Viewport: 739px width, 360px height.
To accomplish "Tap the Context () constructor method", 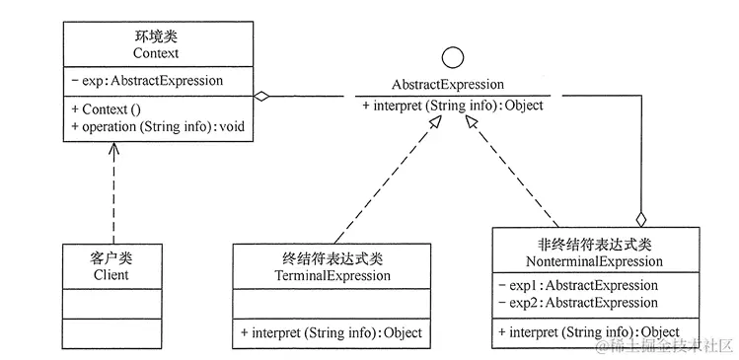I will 111,110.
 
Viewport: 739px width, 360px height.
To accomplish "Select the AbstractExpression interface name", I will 448,85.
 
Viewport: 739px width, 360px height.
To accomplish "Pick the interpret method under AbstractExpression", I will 452,106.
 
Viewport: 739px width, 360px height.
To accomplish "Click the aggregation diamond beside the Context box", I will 261,97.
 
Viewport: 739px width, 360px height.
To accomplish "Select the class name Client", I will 111,275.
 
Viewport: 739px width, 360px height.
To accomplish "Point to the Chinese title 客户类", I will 111,258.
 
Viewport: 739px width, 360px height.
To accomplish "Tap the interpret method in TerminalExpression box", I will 332,333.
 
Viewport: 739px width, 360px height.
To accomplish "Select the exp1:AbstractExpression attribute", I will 578,285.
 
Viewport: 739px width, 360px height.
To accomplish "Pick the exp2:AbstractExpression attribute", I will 578,302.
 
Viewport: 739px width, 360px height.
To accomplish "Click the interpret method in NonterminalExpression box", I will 590,332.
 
